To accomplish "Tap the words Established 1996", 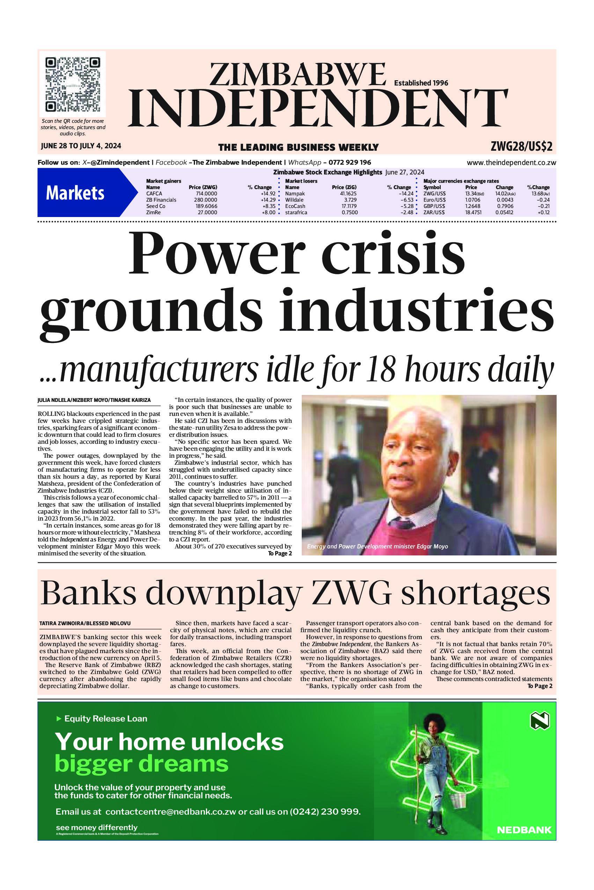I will click(421, 83).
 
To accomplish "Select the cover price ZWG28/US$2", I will click(521, 147).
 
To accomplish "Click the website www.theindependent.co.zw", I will click(511, 163).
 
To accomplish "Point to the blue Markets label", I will click(75, 193).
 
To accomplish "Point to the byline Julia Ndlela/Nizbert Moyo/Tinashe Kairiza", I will click(94, 400).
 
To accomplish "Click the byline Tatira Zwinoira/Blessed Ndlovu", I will click(85, 623).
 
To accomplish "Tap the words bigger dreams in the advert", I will click(142, 764).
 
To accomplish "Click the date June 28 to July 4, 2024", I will click(81, 146).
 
